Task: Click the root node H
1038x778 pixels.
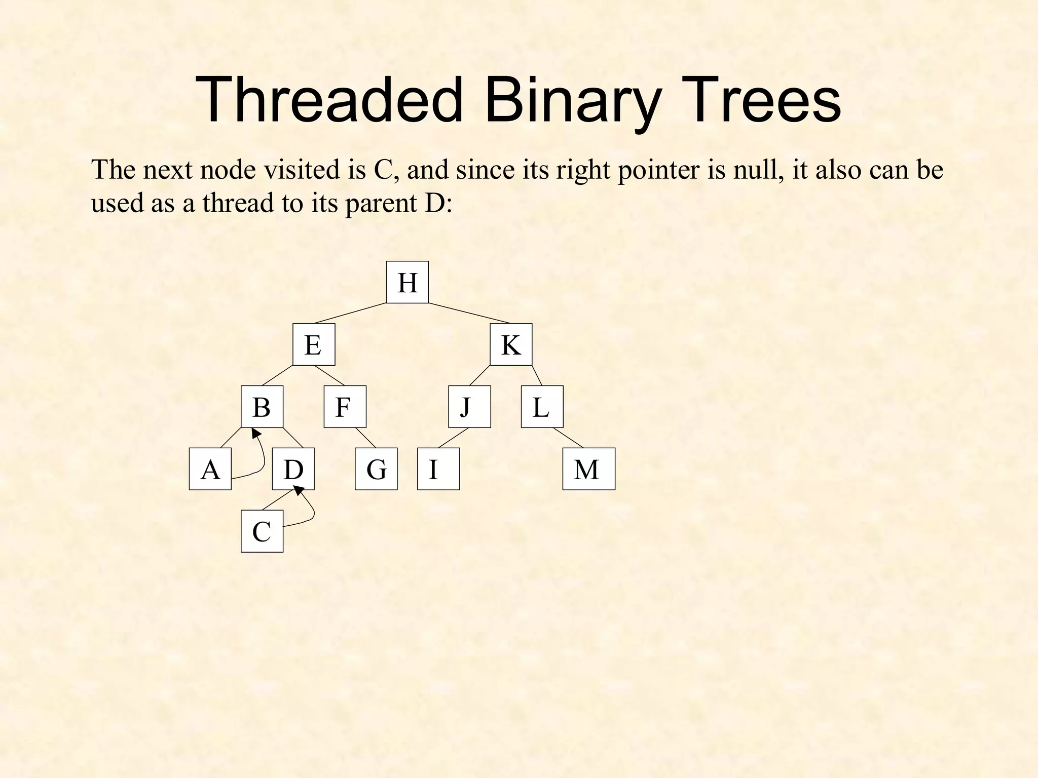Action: click(x=407, y=282)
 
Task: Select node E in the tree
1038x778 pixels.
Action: click(x=314, y=344)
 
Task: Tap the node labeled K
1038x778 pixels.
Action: click(x=511, y=344)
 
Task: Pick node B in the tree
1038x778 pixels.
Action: click(x=262, y=407)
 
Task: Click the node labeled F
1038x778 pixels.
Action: click(x=345, y=407)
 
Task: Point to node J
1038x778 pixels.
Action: click(x=469, y=407)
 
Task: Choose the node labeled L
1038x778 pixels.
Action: click(x=542, y=407)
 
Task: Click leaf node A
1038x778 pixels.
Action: click(x=210, y=469)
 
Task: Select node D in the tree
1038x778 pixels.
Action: click(x=293, y=469)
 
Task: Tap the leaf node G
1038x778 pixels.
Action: click(x=376, y=469)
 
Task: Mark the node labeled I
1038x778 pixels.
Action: click(x=438, y=469)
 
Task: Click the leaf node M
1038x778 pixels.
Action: click(x=588, y=469)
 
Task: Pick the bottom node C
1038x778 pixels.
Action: click(x=262, y=531)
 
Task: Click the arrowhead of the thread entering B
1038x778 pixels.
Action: click(x=256, y=433)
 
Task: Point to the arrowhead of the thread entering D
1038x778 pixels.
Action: click(x=299, y=490)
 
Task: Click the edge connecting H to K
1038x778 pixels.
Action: click(x=469, y=313)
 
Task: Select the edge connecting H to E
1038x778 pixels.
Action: click(x=350, y=313)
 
